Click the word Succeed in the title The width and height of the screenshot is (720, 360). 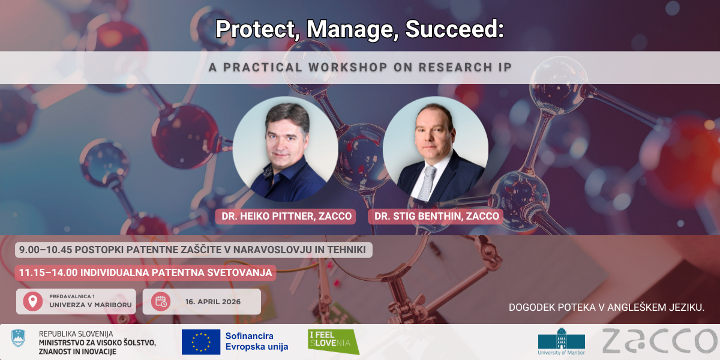pyautogui.click(x=455, y=29)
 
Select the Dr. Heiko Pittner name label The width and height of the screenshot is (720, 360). pyautogui.click(x=286, y=217)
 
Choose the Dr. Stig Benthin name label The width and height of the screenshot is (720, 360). pyautogui.click(x=436, y=217)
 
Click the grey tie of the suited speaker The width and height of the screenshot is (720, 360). pyautogui.click(x=427, y=182)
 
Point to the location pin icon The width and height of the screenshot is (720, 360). pyautogui.click(x=33, y=301)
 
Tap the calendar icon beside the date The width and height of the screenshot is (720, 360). pyautogui.click(x=161, y=301)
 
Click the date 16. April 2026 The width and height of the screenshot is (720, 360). pyautogui.click(x=213, y=302)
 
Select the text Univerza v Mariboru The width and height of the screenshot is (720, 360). pyautogui.click(x=91, y=305)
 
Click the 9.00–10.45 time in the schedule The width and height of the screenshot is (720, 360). pyautogui.click(x=46, y=250)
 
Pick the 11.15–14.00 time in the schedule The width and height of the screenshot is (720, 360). pyautogui.click(x=48, y=272)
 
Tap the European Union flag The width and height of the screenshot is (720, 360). pyautogui.click(x=201, y=342)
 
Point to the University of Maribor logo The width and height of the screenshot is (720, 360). pyautogui.click(x=561, y=341)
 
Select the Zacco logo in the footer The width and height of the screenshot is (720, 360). pyautogui.click(x=659, y=341)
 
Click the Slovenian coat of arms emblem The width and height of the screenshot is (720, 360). pyautogui.click(x=19, y=338)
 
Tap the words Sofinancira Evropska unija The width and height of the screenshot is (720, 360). pyautogui.click(x=257, y=341)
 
